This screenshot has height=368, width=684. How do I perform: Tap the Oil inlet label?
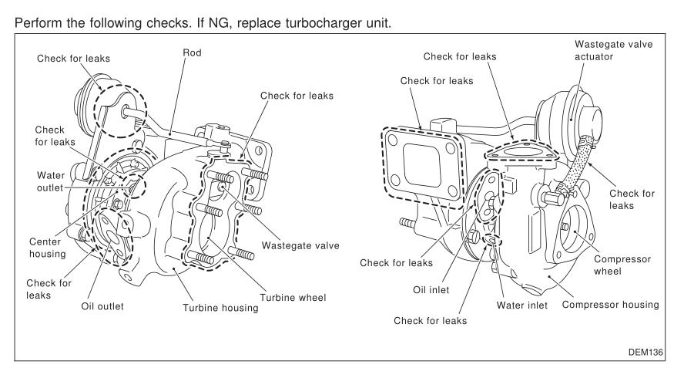(449, 291)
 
